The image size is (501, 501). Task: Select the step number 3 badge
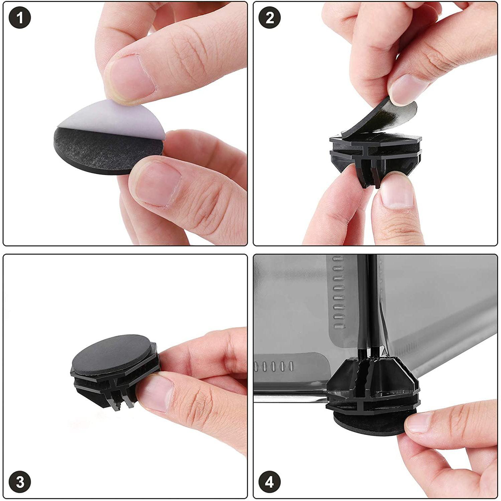click(20, 482)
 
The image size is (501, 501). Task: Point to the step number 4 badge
click(270, 482)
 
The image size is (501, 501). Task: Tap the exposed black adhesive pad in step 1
click(100, 150)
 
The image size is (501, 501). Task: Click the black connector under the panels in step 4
click(372, 384)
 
